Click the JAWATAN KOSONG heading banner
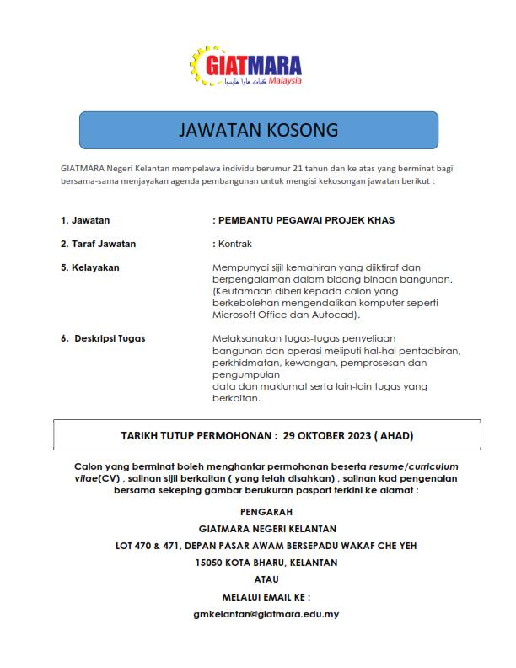tap(257, 131)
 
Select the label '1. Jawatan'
tap(85, 220)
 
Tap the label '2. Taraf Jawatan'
tap(98, 244)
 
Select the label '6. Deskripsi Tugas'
tap(103, 338)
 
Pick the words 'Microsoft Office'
tap(254, 315)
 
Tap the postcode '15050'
tap(211, 563)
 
